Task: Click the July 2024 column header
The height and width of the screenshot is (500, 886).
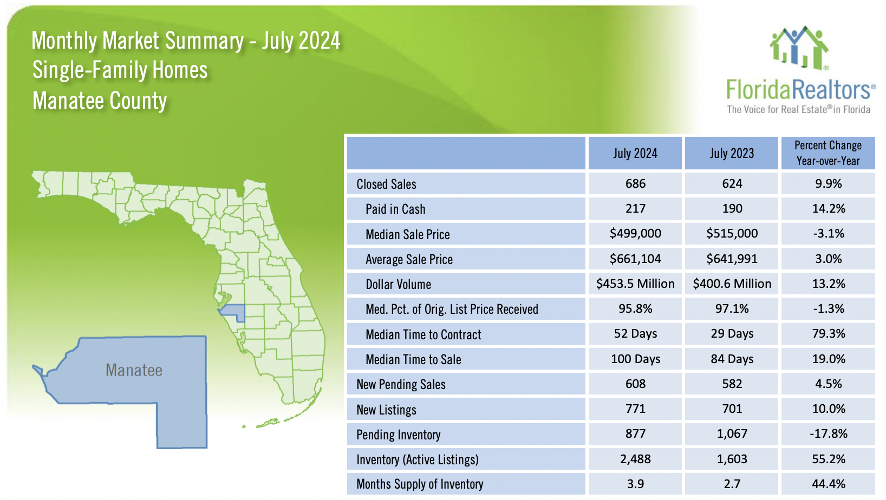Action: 635,154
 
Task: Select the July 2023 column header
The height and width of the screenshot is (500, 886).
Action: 732,154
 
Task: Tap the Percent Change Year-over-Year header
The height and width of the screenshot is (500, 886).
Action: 828,154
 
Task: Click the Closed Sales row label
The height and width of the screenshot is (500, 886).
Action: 386,184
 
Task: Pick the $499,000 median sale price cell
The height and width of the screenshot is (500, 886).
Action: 635,234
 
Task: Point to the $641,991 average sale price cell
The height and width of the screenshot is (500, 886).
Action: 732,259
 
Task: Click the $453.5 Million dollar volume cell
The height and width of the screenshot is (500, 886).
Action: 635,284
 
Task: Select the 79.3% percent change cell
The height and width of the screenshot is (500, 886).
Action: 828,334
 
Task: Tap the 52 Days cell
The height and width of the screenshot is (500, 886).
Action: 635,334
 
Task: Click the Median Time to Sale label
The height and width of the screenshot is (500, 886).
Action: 413,359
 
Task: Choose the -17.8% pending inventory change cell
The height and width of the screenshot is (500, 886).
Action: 828,434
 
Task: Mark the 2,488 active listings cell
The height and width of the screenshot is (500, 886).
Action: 635,459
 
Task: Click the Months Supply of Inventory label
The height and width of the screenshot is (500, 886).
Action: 420,484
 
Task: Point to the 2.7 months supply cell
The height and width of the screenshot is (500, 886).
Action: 732,484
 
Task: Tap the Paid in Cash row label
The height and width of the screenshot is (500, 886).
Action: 395,209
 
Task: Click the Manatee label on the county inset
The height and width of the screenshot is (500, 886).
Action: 134,371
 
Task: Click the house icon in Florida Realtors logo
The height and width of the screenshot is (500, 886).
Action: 799,48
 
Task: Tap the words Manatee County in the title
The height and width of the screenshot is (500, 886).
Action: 100,101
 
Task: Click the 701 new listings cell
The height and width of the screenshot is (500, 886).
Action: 732,409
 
